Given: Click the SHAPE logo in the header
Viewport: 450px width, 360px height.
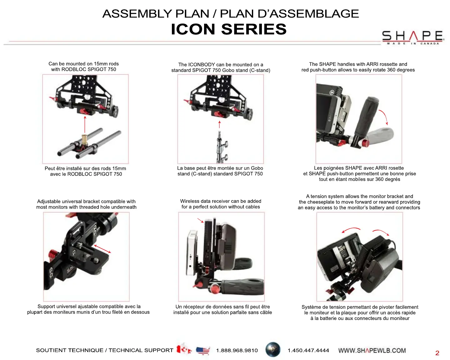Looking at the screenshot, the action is tap(412, 37).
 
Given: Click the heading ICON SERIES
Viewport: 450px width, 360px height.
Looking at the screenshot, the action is tap(228, 29).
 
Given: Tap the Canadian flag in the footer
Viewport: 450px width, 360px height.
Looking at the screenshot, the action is tap(184, 349).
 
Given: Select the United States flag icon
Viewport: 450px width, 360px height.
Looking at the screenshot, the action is tap(203, 351).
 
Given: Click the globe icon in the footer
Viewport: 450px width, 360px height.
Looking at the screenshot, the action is tap(273, 350).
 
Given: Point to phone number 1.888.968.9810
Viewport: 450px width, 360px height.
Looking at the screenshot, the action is tap(237, 351).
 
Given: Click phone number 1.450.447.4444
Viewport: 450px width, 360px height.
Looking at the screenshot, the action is tap(308, 351).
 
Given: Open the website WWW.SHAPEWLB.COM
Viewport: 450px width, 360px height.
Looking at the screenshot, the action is tap(372, 351).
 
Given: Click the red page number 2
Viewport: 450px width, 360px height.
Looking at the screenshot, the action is tap(437, 353).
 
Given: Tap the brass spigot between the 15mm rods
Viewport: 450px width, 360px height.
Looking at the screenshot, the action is tap(84, 139).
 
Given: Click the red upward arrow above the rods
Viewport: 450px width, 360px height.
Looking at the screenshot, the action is tap(85, 125).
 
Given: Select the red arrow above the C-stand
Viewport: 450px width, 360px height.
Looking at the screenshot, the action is tap(219, 124).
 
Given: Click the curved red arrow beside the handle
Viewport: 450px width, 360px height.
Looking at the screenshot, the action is tap(384, 117).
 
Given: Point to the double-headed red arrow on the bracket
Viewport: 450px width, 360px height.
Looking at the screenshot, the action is tap(102, 248).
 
